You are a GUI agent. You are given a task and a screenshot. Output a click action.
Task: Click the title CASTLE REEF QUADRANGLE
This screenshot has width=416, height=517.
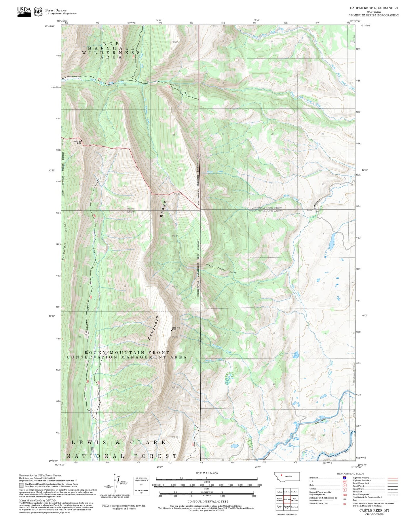374,8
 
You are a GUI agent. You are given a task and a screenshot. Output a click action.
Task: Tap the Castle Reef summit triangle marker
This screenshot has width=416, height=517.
172,330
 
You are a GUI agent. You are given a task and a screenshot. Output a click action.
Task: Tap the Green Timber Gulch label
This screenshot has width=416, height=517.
221,268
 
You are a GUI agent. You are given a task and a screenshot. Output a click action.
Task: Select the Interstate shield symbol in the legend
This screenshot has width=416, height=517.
344,478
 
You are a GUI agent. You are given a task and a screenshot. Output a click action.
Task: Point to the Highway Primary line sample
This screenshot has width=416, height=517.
392,478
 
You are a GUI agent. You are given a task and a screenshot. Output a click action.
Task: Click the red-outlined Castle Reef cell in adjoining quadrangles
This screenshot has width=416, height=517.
287,499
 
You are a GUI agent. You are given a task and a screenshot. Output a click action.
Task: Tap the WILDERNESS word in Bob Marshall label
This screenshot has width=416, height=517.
111,53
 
